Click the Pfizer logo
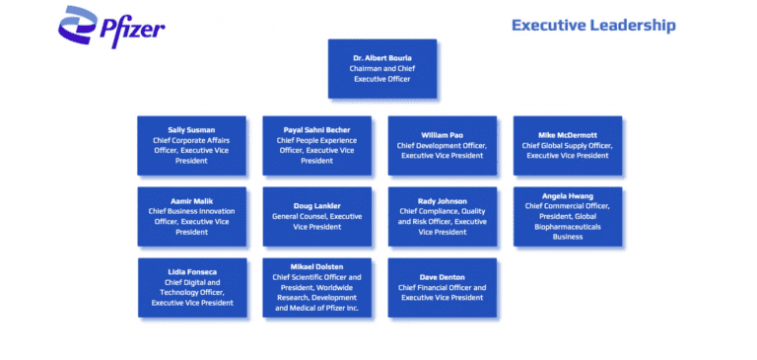pos(111,27)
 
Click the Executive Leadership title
pos(593,25)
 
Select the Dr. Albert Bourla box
pos(382,69)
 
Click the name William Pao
pos(442,134)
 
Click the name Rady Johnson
pos(442,201)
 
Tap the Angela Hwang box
pos(567,216)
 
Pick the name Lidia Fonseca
pos(192,271)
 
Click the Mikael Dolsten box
pos(316,287)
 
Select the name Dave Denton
pos(442,276)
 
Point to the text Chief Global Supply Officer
pos(567,145)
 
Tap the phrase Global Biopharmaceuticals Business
pos(567,232)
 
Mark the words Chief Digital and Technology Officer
pos(192,287)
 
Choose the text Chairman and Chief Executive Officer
pos(382,74)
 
